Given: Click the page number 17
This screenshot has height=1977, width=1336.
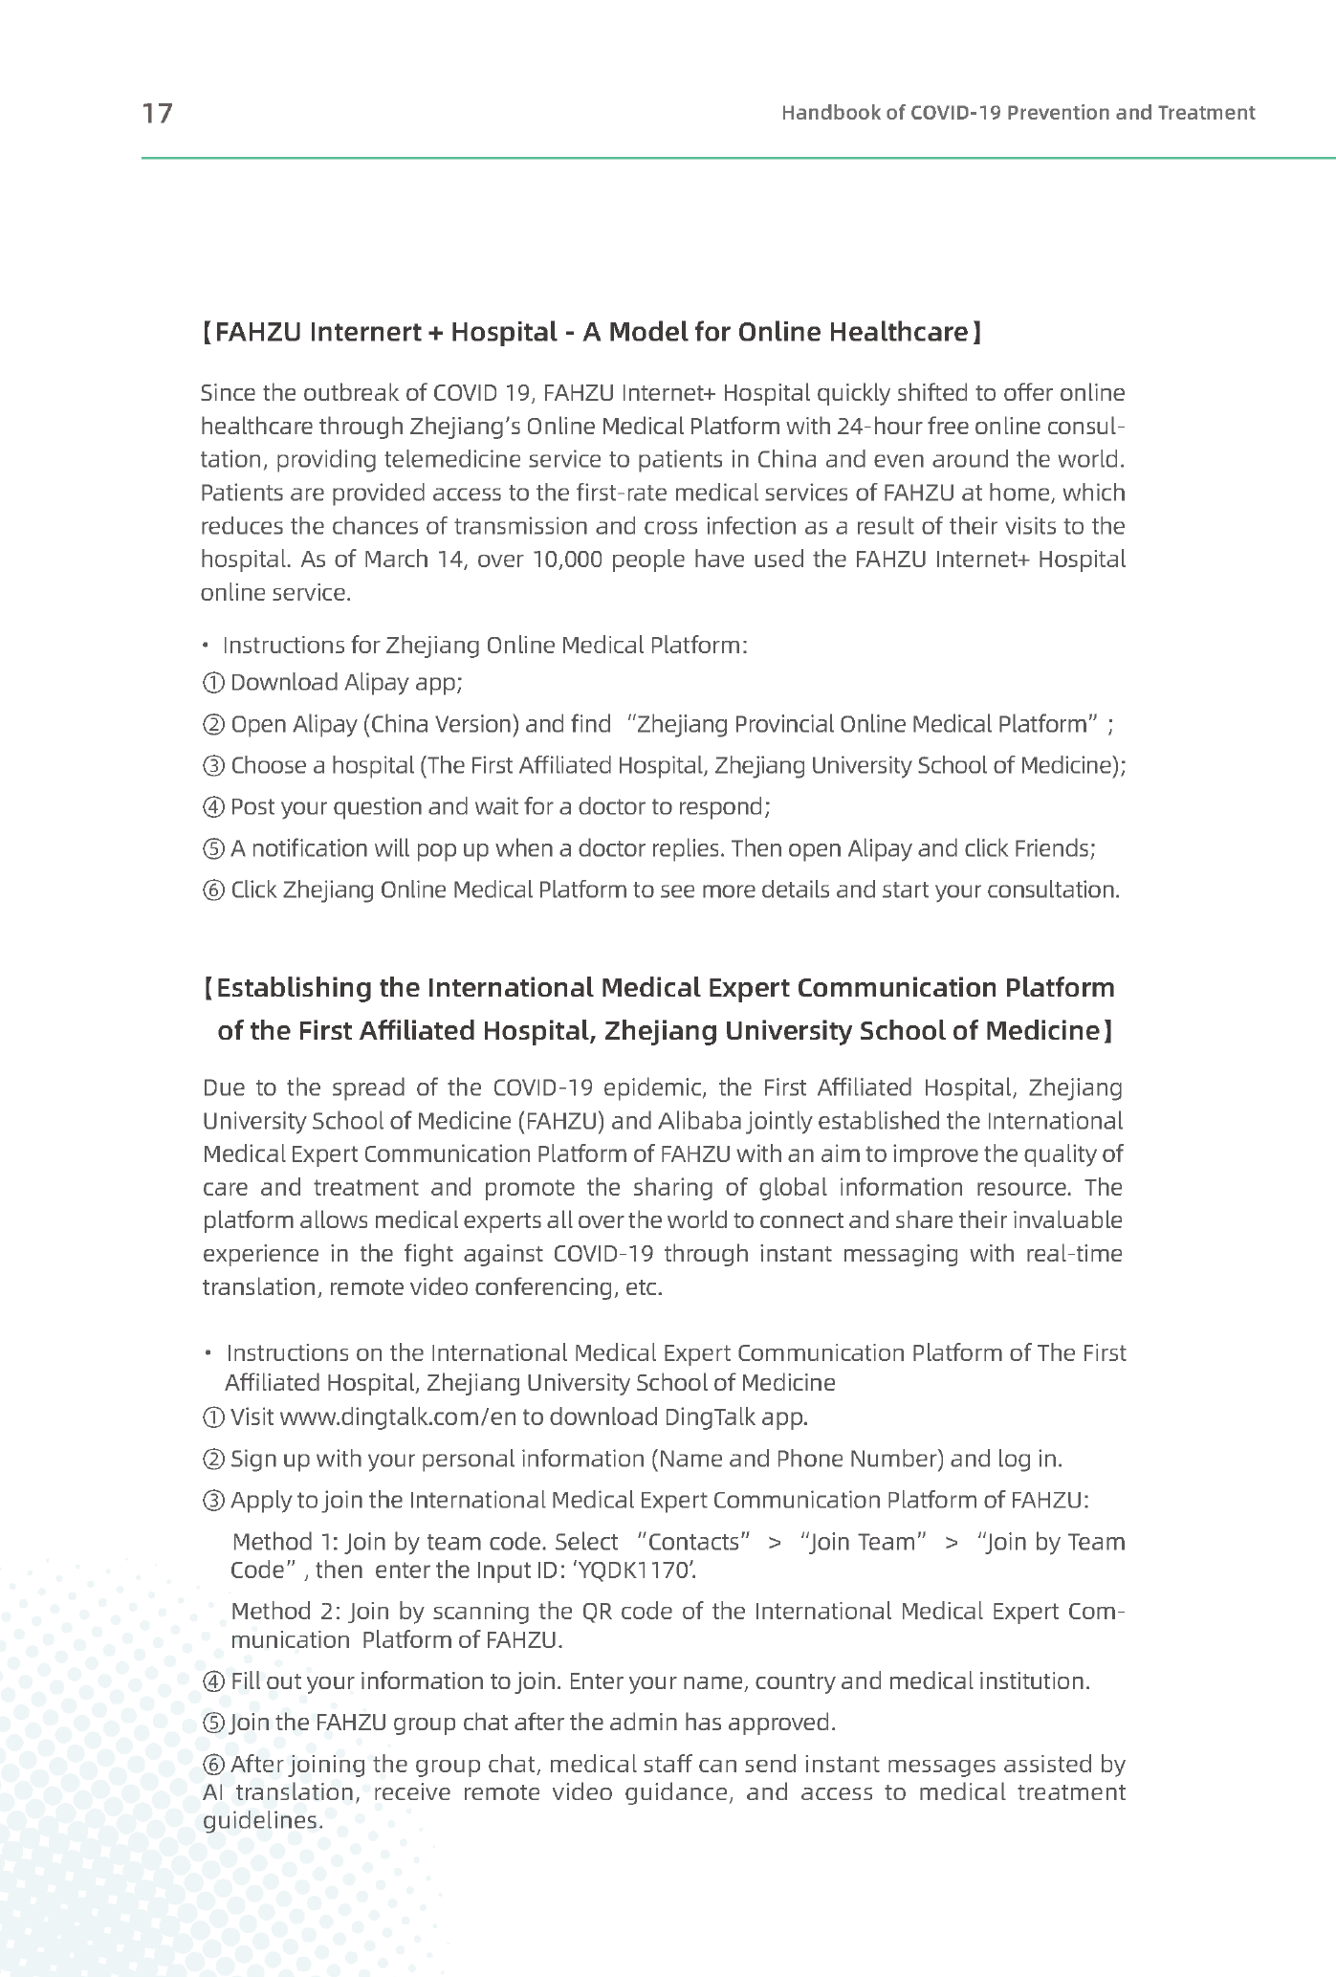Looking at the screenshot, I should pyautogui.click(x=158, y=113).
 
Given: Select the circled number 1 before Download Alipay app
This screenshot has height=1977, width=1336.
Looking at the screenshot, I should pyautogui.click(x=214, y=683).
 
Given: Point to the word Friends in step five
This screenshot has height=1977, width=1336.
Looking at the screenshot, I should pyautogui.click(x=1052, y=848).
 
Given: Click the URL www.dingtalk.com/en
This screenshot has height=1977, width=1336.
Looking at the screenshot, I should pyautogui.click(x=398, y=1417).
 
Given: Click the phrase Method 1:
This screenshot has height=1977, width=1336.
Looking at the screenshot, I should pyautogui.click(x=286, y=1542).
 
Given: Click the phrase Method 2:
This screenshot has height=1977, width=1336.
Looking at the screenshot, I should pyautogui.click(x=286, y=1612).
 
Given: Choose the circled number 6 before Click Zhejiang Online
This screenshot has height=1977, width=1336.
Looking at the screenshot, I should pyautogui.click(x=214, y=890).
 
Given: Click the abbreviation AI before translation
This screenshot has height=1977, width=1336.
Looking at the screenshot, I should pyautogui.click(x=212, y=1792).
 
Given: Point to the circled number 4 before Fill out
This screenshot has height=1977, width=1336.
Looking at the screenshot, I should pyautogui.click(x=214, y=1681).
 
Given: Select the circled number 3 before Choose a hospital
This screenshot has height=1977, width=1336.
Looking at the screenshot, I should pyautogui.click(x=214, y=766).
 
